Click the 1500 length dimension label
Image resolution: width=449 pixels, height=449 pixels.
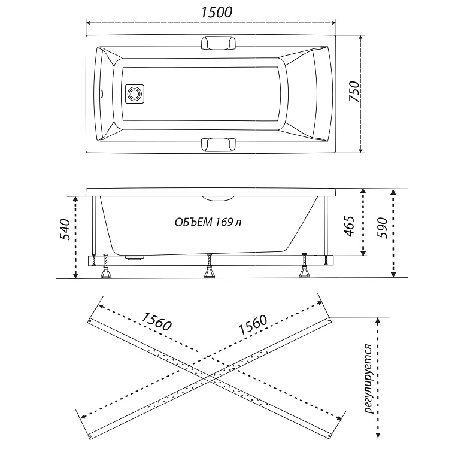point(217,13)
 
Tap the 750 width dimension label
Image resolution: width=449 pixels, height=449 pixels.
point(354,92)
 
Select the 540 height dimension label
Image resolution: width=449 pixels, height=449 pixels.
point(65,230)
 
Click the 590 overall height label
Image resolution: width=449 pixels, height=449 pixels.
point(382,228)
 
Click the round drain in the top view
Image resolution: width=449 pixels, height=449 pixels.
point(134,93)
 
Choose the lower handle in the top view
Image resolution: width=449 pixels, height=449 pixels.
point(219,144)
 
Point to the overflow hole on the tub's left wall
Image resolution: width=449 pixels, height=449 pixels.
point(101,93)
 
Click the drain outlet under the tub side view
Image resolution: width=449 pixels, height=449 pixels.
point(134,257)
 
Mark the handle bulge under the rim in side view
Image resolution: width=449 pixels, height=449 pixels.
point(219,198)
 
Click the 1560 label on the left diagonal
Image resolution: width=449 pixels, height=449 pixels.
point(156,321)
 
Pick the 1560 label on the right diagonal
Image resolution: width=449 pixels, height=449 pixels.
point(253,325)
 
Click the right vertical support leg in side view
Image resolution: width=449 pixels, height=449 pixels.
point(325,229)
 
